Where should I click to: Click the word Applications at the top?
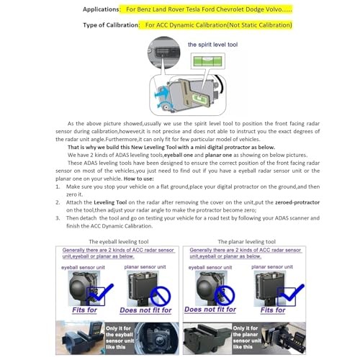click(99, 9)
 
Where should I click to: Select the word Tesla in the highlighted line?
click(198, 9)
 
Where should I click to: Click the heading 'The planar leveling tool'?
click(246, 241)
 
